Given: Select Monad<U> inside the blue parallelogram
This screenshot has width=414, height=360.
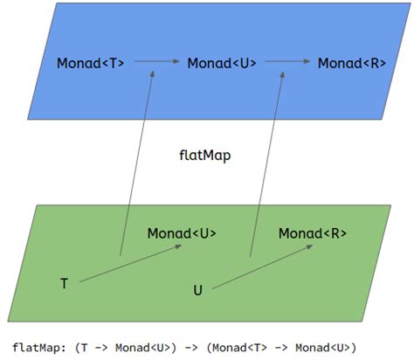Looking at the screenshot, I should click(222, 63).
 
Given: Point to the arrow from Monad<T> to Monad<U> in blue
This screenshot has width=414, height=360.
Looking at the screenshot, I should click(156, 62).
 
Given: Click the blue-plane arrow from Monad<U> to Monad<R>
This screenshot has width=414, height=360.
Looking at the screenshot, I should click(287, 62).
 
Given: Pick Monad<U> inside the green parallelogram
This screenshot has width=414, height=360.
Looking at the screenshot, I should click(182, 233).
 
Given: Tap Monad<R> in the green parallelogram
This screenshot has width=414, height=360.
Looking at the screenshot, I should click(313, 233).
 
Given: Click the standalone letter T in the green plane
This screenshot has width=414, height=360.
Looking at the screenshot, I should click(64, 284).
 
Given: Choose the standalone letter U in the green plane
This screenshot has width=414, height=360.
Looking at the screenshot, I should click(197, 289).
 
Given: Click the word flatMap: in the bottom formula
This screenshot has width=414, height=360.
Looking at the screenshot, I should click(40, 345).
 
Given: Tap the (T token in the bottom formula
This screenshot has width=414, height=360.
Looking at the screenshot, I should click(81, 345).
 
